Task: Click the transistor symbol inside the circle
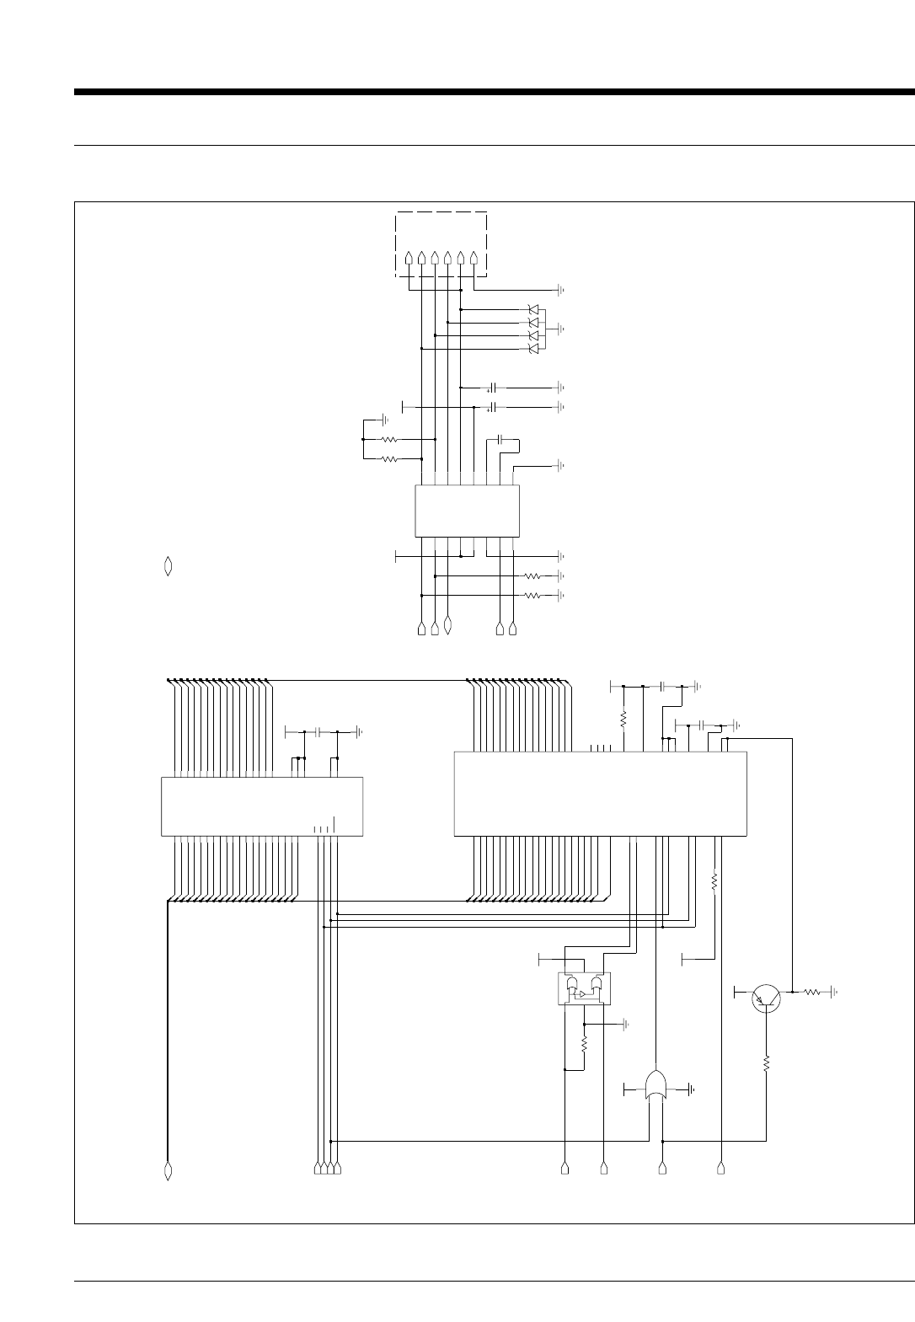coord(766,998)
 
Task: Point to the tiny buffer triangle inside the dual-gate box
coord(581,994)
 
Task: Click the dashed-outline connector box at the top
coord(441,244)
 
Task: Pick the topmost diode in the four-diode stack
coord(532,309)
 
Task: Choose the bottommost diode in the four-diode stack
coord(532,349)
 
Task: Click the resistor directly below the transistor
coord(766,1064)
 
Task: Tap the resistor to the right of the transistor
coord(812,993)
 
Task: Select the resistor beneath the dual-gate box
coord(584,1044)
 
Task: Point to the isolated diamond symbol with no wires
coord(168,566)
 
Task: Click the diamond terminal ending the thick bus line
coord(168,1170)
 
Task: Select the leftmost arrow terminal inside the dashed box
coord(409,259)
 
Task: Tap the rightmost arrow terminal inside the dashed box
coord(474,259)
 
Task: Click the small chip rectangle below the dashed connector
coord(467,511)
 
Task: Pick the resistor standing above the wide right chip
coord(623,719)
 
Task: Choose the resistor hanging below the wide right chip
coord(714,881)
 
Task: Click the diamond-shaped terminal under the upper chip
coord(447,627)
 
